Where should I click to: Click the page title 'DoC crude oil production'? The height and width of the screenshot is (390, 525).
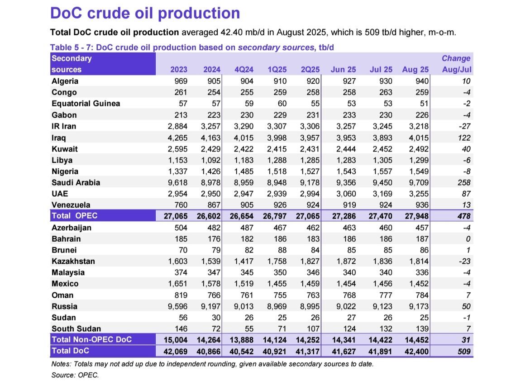(x=145, y=13)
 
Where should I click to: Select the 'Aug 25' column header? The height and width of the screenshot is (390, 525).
(x=415, y=70)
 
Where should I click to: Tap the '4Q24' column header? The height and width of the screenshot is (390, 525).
(x=244, y=70)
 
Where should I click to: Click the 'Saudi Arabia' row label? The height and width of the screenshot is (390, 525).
(x=76, y=183)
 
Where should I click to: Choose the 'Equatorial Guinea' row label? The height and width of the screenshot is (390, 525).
(x=86, y=104)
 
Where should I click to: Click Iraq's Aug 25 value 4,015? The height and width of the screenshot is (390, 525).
(x=417, y=138)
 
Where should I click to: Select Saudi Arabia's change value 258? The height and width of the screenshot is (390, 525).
(x=464, y=183)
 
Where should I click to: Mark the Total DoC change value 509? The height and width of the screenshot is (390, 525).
(x=464, y=351)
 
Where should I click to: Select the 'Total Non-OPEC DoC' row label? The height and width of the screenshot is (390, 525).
(x=91, y=339)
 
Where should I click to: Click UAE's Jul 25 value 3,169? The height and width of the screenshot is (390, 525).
(x=381, y=194)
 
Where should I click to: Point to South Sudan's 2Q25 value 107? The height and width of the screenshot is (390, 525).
(x=312, y=329)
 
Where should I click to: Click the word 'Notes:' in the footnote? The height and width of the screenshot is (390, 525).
(x=62, y=364)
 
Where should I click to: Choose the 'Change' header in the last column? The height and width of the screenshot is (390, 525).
(x=456, y=58)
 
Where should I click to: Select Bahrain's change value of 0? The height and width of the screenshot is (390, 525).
(x=468, y=239)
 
